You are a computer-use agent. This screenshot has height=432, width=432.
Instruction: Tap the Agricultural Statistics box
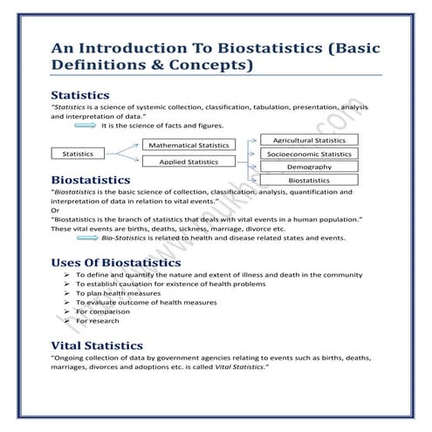309,140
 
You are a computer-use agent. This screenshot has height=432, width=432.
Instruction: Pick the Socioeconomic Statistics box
309,154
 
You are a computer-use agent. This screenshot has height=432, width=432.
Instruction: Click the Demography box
309,167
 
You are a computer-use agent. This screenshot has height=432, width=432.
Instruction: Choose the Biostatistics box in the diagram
309,180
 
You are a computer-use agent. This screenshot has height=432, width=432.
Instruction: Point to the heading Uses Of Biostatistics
116,262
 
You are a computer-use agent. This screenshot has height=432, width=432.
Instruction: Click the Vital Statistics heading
96,346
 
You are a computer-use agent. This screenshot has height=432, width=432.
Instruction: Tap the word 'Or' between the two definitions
56,210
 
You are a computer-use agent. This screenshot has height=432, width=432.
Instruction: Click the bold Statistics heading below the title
80,94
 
